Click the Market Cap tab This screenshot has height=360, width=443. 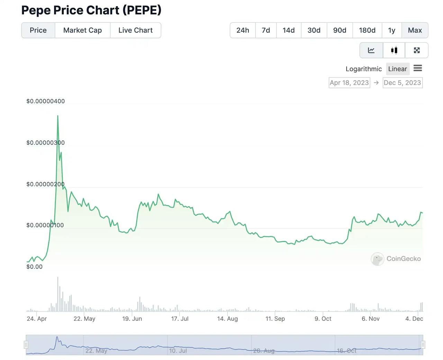(x=82, y=30)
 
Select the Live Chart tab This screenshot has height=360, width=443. (x=135, y=30)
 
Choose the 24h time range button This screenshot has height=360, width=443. (x=243, y=30)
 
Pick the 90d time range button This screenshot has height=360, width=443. (x=340, y=30)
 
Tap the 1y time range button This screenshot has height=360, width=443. (x=391, y=30)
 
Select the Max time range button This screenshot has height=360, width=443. (x=415, y=30)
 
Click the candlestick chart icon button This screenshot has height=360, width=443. (x=394, y=50)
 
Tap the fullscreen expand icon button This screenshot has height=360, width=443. (x=417, y=50)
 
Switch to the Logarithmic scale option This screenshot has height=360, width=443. (x=363, y=69)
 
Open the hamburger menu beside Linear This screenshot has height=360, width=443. (x=418, y=68)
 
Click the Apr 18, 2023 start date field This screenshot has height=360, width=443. (x=349, y=83)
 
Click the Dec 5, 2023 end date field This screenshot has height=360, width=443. (x=402, y=83)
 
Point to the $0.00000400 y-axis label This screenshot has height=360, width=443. (x=45, y=101)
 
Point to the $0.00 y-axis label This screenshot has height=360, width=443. (x=34, y=267)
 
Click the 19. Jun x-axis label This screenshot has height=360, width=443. (x=132, y=318)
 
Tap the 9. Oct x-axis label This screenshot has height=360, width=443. (x=323, y=318)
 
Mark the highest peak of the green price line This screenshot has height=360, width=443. (x=58, y=116)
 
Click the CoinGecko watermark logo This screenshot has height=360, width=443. (x=378, y=259)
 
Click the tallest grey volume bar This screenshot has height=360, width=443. (x=58, y=294)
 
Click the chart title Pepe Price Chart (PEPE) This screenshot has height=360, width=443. (x=91, y=10)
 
